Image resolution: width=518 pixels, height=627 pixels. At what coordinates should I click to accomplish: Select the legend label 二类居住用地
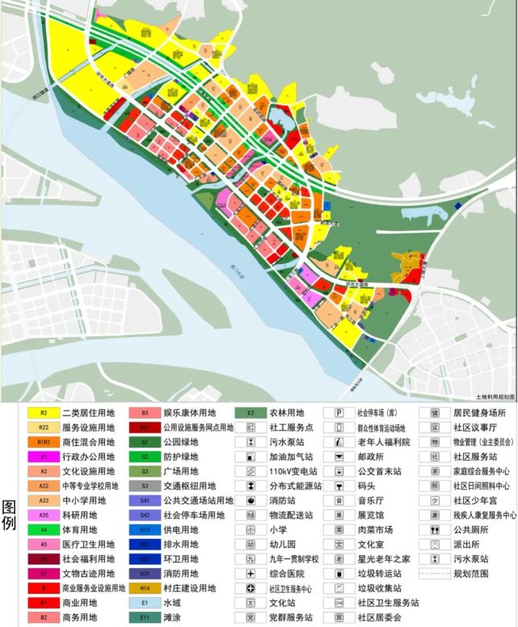point(88,412)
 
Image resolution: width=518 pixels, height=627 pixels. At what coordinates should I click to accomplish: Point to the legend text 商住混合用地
point(88,442)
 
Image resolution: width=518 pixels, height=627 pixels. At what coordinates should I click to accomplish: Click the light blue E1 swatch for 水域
point(145,602)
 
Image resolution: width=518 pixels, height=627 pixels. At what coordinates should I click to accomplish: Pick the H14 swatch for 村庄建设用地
point(145,587)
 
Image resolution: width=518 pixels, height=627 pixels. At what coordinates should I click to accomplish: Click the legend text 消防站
point(284,501)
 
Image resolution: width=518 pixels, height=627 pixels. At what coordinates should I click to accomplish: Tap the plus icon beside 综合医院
point(251,573)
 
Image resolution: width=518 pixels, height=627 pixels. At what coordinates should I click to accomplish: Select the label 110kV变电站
point(297,472)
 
